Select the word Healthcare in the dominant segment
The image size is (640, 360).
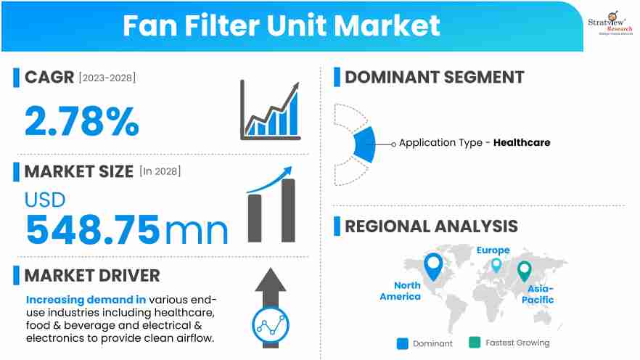(522, 143)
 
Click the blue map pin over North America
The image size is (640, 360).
(433, 266)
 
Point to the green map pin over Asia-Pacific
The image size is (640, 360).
(524, 271)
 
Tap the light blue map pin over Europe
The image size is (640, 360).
(496, 266)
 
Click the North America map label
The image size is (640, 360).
(401, 291)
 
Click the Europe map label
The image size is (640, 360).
(493, 250)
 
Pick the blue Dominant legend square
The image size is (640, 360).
(403, 343)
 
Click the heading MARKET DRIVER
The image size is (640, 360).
(91, 276)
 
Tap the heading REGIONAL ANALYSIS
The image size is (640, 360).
(431, 226)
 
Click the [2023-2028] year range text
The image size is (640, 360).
(107, 77)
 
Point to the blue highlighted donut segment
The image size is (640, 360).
(365, 144)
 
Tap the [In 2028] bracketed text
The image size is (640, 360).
(160, 172)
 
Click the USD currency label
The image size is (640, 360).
(45, 200)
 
